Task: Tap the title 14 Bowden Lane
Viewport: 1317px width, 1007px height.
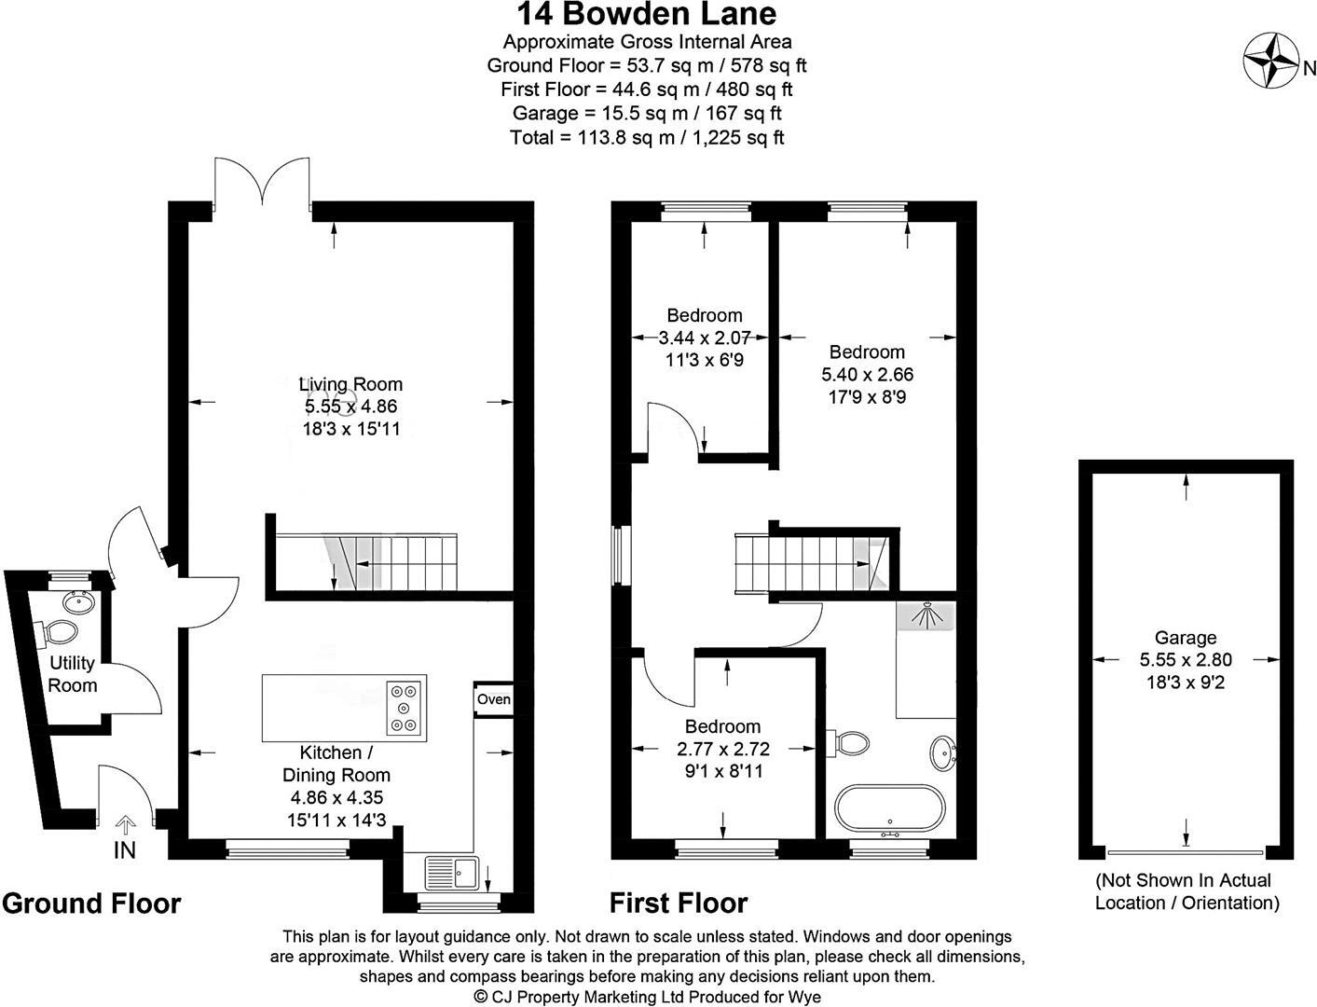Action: coord(646,14)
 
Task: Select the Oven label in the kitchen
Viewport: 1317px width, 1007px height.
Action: coord(494,699)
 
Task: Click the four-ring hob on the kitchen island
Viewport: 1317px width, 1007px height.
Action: coord(404,708)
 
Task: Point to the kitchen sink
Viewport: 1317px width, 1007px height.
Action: coord(452,873)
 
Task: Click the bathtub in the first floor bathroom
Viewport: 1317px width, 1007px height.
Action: coord(890,811)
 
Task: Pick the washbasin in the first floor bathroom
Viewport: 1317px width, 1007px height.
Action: coord(943,752)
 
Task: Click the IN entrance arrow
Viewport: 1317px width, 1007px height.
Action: coord(125,825)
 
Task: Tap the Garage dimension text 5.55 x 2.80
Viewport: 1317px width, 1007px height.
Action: coord(1186,659)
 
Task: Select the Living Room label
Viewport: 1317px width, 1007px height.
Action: coord(351,384)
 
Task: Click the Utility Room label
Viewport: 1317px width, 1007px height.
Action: coord(72,674)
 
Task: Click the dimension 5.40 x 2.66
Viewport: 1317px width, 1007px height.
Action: coord(867,375)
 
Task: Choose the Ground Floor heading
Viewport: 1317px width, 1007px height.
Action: coord(91,904)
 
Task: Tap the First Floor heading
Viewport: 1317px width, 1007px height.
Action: coord(679,903)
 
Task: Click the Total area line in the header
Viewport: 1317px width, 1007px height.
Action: coord(646,137)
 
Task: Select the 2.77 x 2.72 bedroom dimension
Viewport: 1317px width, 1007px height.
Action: coord(723,749)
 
